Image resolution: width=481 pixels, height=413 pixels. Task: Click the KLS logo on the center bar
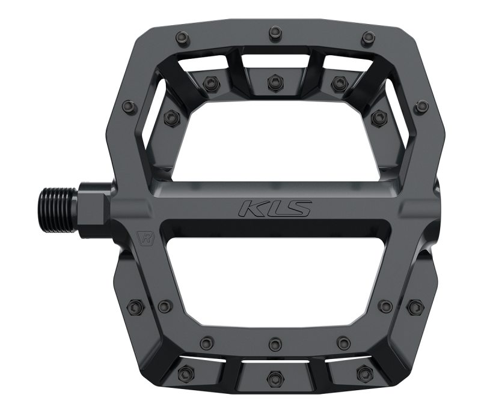point(274,208)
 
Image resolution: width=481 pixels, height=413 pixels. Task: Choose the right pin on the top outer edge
point(368,39)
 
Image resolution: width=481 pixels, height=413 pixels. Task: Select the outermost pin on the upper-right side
point(421,107)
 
